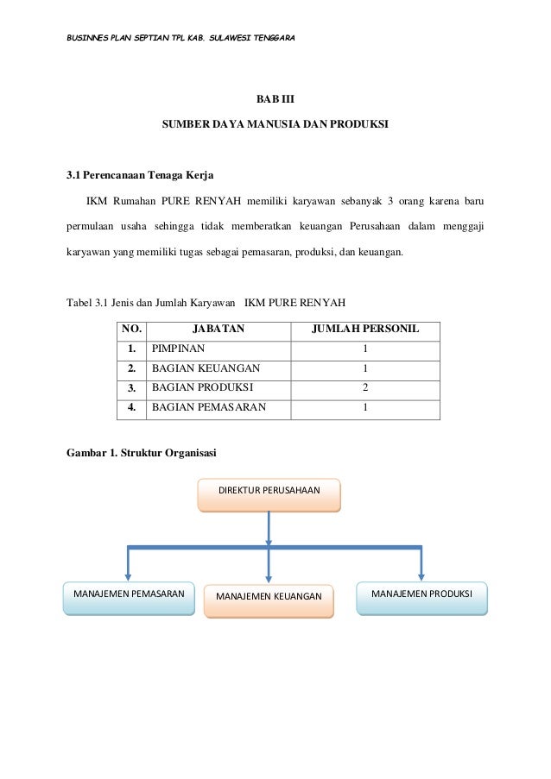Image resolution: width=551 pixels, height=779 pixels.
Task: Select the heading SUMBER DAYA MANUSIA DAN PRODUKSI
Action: [x=275, y=125]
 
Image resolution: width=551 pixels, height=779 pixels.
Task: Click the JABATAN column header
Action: [x=218, y=329]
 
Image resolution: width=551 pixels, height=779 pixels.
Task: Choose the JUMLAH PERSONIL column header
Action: [x=365, y=329]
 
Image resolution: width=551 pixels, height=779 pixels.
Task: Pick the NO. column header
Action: [x=132, y=329]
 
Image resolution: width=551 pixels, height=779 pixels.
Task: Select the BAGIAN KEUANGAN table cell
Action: [x=206, y=368]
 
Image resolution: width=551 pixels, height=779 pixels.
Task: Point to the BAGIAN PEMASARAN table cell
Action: [x=209, y=407]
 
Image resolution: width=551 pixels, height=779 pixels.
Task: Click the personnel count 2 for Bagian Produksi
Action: [x=365, y=387]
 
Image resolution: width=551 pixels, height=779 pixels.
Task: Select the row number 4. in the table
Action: [x=132, y=407]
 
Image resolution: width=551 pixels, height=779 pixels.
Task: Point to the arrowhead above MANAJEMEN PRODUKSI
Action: [x=421, y=575]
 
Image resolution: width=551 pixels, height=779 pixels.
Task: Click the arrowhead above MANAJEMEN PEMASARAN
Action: [x=129, y=575]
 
